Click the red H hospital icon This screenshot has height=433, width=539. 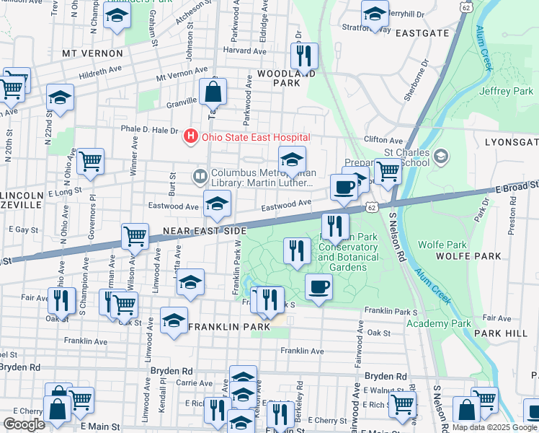[191, 136]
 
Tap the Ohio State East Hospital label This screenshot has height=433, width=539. [255, 137]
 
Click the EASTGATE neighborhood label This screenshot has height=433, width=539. [422, 33]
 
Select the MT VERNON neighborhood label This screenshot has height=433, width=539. [89, 53]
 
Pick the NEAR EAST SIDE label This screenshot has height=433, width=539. [205, 230]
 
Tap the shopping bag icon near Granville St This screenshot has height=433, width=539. [213, 92]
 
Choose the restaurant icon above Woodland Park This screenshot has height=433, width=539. [304, 54]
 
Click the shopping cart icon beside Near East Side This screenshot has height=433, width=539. [135, 235]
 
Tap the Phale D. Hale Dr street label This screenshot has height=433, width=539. [149, 130]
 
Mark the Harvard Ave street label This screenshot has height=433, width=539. [240, 51]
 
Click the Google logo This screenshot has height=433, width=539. [25, 424]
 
